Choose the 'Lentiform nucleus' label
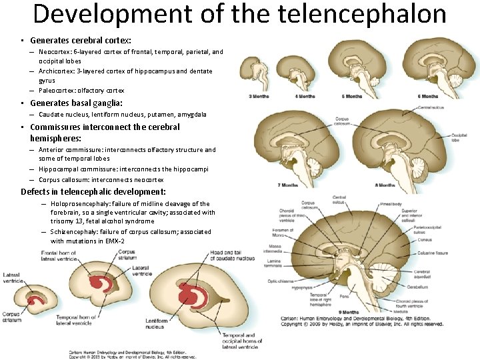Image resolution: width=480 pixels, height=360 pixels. click(x=157, y=323)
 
